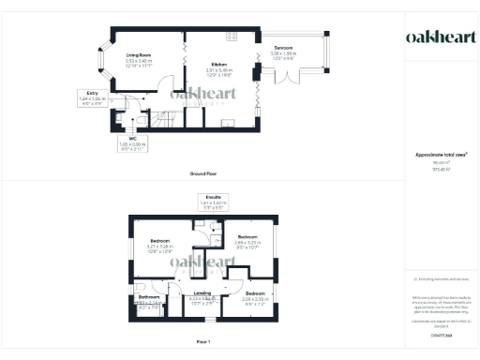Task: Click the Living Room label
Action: [x=140, y=61]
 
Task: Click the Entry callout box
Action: [x=92, y=96]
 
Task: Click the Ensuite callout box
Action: [x=212, y=200]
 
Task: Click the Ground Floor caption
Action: [x=202, y=174]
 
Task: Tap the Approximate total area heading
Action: [x=441, y=154]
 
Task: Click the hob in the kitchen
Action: [x=232, y=37]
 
